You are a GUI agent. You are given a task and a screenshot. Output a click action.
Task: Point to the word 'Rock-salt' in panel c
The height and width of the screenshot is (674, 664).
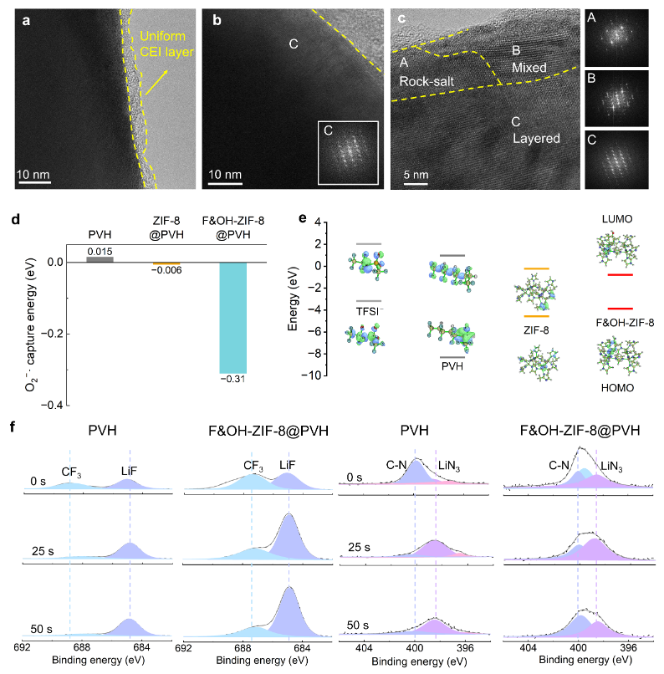point(424,82)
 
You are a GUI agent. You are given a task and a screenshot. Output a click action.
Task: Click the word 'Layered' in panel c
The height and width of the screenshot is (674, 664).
point(535,138)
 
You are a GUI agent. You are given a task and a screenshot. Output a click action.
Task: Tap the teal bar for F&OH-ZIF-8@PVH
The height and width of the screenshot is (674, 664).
point(243,318)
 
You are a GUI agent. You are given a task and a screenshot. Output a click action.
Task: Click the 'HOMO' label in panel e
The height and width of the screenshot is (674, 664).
point(618,390)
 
